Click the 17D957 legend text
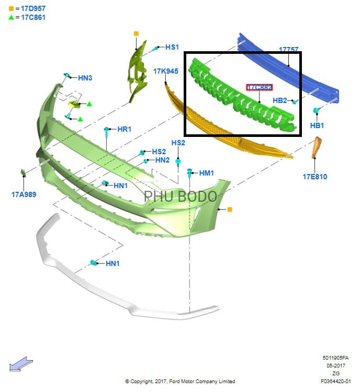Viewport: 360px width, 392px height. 33,8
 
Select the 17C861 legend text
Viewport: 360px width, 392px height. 33,17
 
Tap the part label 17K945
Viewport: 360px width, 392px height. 166,71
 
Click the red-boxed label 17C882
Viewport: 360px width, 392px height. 259,87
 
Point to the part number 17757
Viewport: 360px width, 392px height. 289,49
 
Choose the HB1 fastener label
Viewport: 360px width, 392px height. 317,125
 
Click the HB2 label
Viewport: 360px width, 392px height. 279,100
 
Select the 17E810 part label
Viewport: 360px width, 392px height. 315,177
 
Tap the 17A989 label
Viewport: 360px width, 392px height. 24,194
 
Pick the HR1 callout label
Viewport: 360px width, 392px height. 124,129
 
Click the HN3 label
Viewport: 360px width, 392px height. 85,78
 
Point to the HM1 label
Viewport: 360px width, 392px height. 207,173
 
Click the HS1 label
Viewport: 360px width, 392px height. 172,47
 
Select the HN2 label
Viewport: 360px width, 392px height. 163,160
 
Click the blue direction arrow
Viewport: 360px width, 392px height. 21,364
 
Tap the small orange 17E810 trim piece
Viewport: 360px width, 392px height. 317,147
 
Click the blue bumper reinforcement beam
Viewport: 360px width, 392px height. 288,67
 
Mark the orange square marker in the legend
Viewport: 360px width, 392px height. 12,9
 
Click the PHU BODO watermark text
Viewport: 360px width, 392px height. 180,196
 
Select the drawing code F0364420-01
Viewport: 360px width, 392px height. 336,381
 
